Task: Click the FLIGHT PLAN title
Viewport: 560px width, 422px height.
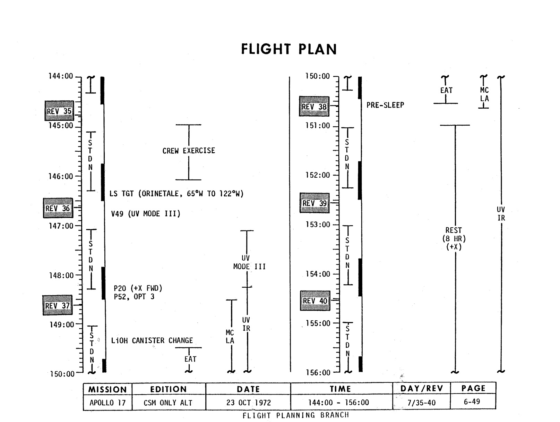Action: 289,49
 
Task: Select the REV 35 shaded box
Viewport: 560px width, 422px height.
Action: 59,111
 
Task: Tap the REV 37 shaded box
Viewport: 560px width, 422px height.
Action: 58,305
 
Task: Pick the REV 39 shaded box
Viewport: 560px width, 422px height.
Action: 315,203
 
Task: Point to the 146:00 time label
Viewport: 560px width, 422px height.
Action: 61,176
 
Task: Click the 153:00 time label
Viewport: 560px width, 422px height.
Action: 318,225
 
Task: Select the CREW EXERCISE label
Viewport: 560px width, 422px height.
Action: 189,151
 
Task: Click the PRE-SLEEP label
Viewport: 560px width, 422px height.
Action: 385,105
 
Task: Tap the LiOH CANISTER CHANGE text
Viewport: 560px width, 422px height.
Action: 152,340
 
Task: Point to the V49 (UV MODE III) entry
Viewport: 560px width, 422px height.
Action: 146,214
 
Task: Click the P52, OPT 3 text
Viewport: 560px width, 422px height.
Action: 134,297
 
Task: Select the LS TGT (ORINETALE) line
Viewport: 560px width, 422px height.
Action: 176,194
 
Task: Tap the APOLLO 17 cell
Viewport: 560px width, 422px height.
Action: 107,403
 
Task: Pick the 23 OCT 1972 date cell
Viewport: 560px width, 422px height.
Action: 248,403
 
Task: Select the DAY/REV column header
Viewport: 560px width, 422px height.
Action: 422,388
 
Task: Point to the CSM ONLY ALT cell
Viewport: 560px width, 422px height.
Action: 168,403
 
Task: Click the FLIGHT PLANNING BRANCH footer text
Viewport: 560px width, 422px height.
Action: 295,415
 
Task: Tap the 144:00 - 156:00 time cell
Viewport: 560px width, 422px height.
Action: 339,403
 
